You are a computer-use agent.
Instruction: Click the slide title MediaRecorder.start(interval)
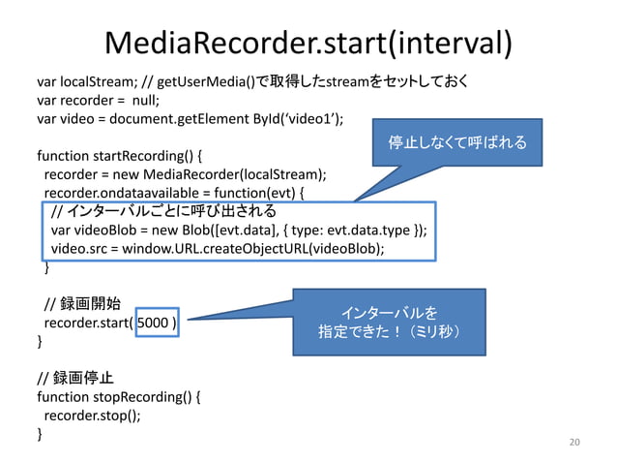point(308,42)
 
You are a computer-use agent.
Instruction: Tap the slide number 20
point(574,443)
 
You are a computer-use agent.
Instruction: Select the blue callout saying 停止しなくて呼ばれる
point(456,143)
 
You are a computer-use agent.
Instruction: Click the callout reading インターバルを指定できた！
point(389,323)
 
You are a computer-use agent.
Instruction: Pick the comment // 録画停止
point(74,377)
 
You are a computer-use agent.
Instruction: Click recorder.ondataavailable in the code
point(116,193)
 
